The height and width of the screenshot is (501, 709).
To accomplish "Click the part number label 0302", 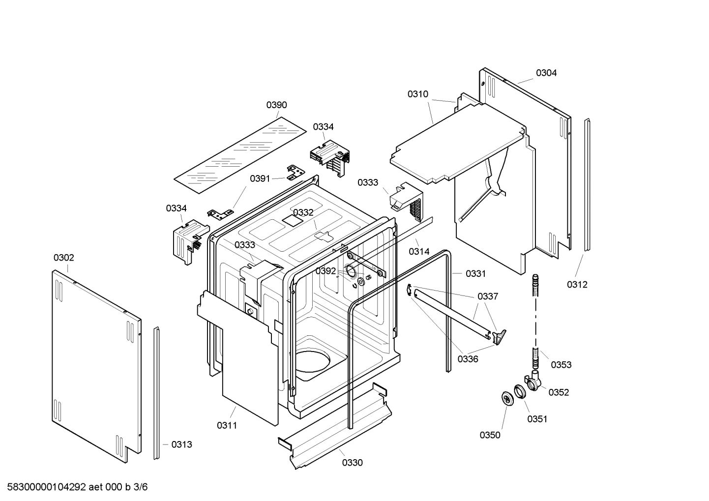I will tap(64, 258).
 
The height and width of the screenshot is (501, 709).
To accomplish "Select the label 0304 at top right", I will tap(546, 73).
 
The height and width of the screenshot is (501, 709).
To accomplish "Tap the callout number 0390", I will tap(277, 105).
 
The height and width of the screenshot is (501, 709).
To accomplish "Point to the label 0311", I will tap(227, 425).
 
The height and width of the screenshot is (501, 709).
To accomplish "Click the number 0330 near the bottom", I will tap(353, 463).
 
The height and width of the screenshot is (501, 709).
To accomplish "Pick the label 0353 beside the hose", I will tap(561, 364).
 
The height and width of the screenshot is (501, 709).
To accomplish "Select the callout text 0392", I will tap(325, 271).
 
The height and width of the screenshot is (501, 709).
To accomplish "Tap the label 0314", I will tap(419, 251).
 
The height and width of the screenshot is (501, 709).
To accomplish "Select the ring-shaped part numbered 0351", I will tap(519, 392).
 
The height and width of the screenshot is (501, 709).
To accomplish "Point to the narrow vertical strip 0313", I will tap(156, 393).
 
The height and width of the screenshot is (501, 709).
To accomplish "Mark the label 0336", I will tap(468, 359).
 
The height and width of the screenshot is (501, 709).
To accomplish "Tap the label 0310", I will tap(417, 94).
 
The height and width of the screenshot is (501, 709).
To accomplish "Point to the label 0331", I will tap(475, 274).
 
